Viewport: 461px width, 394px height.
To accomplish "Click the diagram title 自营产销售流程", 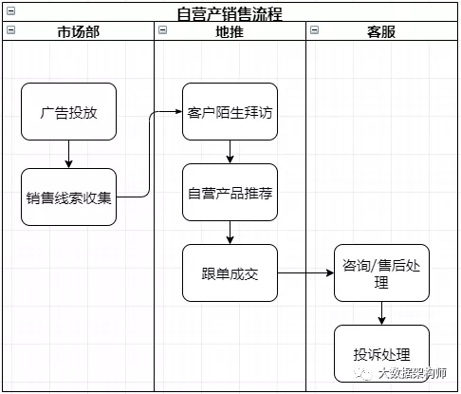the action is coord(230,14).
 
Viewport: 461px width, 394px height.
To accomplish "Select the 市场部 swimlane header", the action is coord(79,31).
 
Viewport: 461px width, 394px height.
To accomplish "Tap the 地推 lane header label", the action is coord(230,31).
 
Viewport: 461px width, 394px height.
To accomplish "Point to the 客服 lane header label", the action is coord(381,31).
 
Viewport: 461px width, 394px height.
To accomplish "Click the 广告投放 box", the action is coord(68,111).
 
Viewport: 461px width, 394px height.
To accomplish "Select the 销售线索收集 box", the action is coord(68,197).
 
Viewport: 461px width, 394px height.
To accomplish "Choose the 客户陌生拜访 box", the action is coord(230,111).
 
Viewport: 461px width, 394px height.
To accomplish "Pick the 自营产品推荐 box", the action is coord(230,192).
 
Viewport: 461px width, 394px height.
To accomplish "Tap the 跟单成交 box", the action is coord(230,272).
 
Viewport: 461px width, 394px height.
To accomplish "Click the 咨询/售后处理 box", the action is coord(381,272).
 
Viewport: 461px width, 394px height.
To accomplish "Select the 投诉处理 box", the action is coord(381,353).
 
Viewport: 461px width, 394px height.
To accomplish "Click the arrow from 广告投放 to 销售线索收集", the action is coord(68,154).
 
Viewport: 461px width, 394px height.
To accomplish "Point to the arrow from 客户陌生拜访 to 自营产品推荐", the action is coord(230,152).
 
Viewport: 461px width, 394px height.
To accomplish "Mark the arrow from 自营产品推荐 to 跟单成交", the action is coord(230,233).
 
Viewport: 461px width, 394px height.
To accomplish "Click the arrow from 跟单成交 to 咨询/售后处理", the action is coord(305,272).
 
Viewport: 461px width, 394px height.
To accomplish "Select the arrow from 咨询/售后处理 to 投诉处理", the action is coord(381,313).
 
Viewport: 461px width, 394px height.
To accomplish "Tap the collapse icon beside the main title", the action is coord(11,11).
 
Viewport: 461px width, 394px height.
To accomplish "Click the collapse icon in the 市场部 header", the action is coord(11,30).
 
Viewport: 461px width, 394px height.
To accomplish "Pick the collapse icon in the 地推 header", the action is coord(163,30).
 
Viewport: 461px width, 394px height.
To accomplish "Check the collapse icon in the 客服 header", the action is coord(315,30).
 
